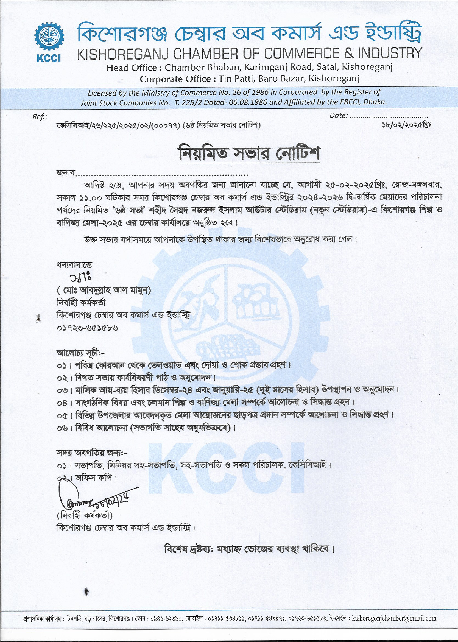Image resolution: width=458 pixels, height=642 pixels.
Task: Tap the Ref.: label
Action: point(40,117)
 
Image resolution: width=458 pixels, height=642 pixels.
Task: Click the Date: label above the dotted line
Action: point(339,116)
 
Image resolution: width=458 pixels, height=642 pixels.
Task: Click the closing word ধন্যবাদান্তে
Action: point(74,265)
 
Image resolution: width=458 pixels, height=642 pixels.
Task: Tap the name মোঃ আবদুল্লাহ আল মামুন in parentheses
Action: point(104,290)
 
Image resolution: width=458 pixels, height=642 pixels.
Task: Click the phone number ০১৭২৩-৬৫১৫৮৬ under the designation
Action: point(87,328)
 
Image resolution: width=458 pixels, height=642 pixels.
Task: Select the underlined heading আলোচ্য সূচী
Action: point(80,353)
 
